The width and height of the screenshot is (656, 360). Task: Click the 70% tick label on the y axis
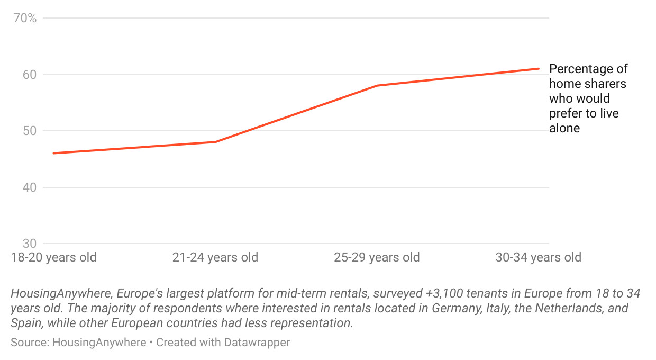pyautogui.click(x=25, y=19)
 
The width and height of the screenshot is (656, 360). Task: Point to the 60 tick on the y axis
pyautogui.click(x=29, y=75)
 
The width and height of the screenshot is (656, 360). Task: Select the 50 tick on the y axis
pyautogui.click(x=29, y=131)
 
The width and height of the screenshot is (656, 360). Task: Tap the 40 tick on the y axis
pyautogui.click(x=29, y=187)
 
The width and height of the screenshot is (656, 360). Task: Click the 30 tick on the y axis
pyautogui.click(x=29, y=244)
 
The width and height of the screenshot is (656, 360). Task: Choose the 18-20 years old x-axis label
pyautogui.click(x=54, y=258)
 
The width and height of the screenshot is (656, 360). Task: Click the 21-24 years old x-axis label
pyautogui.click(x=215, y=258)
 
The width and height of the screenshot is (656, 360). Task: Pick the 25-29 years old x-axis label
pyautogui.click(x=377, y=258)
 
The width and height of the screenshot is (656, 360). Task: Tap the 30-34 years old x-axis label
pyautogui.click(x=538, y=258)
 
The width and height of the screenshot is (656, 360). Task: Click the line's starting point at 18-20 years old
pyautogui.click(x=53, y=154)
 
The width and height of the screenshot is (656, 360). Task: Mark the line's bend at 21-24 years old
pyautogui.click(x=215, y=142)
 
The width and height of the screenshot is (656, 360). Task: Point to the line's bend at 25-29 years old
pyautogui.click(x=377, y=85)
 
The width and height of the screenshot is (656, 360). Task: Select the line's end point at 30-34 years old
pyautogui.click(x=538, y=68)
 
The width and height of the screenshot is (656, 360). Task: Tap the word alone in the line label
pyautogui.click(x=564, y=128)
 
